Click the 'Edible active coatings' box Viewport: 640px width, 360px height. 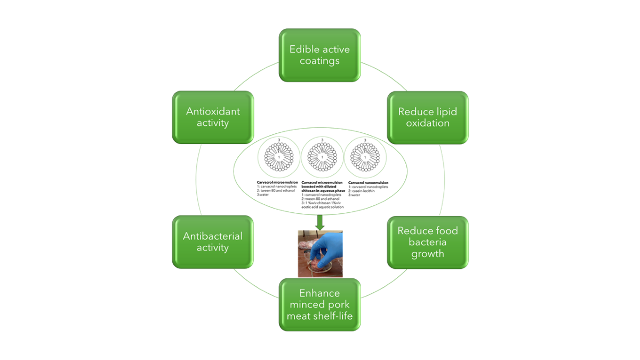coord(320,55)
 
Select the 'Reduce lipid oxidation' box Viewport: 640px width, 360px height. coord(428,117)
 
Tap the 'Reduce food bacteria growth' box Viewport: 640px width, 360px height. coord(428,242)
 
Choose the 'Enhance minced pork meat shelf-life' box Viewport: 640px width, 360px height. coord(320,304)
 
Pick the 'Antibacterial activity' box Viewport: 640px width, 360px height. coord(213,242)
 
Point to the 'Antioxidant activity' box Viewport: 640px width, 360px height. coord(213,117)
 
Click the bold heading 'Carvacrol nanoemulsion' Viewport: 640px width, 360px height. coord(369,182)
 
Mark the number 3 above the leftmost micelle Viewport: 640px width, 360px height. coord(279,140)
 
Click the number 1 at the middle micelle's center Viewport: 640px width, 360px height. coord(322,157)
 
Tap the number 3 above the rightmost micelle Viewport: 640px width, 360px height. coord(365,140)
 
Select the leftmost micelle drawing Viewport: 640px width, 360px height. coord(279,157)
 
